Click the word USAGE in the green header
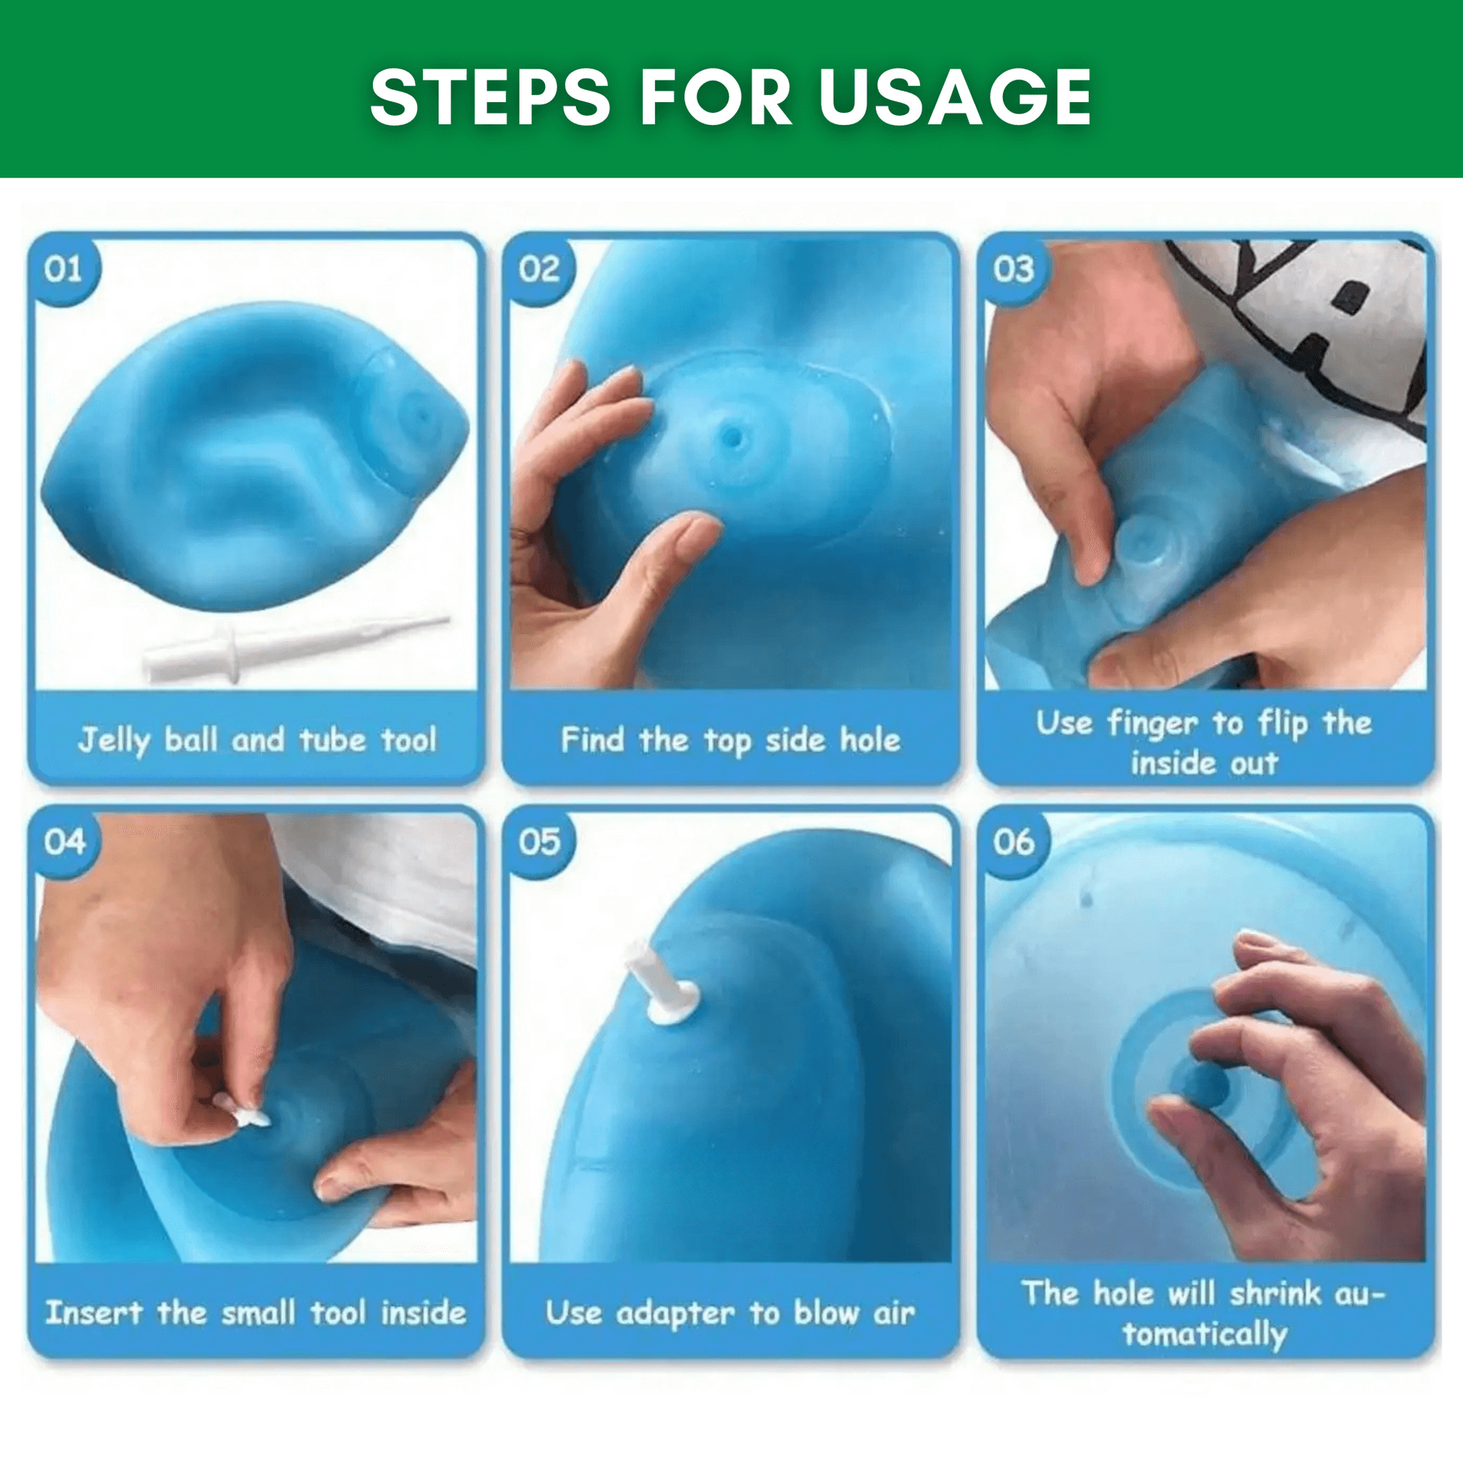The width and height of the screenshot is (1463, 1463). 955,97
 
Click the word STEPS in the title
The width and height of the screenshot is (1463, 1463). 489,97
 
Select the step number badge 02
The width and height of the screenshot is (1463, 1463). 538,270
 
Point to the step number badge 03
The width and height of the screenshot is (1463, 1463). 1013,270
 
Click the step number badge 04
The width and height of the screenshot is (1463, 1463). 64,842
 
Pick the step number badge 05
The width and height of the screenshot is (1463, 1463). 538,842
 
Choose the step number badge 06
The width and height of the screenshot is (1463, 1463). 1013,842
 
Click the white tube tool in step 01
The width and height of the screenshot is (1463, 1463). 295,648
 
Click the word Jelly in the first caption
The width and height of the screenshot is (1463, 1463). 114,741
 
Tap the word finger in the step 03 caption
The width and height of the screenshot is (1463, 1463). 1152,725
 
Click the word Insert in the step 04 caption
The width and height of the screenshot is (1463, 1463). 94,1313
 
